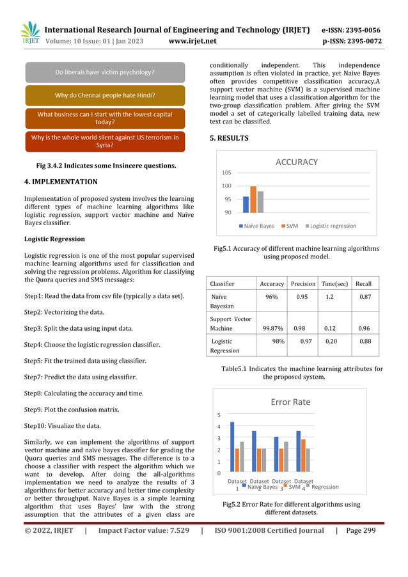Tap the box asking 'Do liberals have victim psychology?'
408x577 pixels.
[x=105, y=72]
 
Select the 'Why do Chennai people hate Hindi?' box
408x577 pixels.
[x=105, y=95]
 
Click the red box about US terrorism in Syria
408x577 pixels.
[x=105, y=141]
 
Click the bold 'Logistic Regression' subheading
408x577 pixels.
[x=54, y=239]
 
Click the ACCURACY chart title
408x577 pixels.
[x=296, y=162]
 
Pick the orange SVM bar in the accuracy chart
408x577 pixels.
[x=253, y=199]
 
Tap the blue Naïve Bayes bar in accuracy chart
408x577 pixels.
[x=246, y=204]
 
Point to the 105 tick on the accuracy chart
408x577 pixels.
[x=227, y=173]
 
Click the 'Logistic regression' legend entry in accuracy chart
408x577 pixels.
[x=333, y=226]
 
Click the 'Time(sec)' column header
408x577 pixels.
[x=334, y=283]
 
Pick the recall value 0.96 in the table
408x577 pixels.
[x=365, y=328]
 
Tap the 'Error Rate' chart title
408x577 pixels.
[x=290, y=402]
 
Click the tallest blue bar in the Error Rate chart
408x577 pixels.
[x=232, y=447]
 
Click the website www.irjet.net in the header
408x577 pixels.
[x=192, y=41]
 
